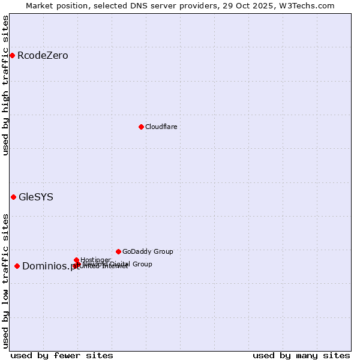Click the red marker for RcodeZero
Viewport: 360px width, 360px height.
[12, 56]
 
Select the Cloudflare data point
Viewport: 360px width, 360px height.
[141, 127]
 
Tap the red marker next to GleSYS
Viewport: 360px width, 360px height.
[13, 197]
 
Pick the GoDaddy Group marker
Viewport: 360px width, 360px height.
[118, 251]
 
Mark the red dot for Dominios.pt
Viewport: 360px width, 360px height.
[17, 266]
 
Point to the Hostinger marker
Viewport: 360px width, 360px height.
[76, 260]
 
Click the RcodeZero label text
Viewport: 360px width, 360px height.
[43, 56]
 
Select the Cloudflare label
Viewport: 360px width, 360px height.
[161, 127]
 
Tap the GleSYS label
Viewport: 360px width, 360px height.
[36, 197]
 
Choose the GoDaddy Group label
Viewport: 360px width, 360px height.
[148, 251]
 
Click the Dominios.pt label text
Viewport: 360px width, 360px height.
[50, 266]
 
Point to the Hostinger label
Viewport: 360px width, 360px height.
[95, 260]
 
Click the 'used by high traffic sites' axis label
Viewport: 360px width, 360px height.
[6, 85]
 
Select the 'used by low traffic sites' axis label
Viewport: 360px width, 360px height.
[6, 280]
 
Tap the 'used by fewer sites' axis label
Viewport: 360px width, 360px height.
[62, 356]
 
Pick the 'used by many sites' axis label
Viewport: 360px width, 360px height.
[301, 356]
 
